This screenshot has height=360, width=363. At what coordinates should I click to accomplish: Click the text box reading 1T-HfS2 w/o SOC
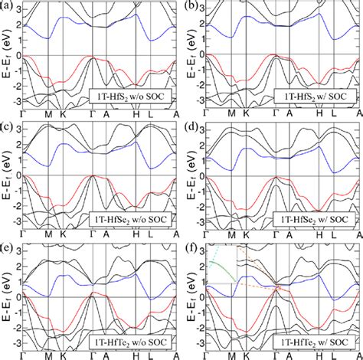coord(131,97)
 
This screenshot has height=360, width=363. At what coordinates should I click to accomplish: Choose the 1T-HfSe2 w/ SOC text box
coord(315,218)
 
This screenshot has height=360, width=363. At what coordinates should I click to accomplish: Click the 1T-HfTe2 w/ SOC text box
coord(315,338)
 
